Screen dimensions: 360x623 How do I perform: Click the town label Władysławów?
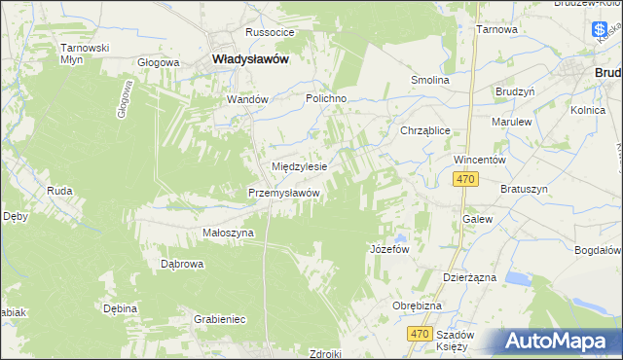click(x=250, y=58)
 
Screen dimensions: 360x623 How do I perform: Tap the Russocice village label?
click(x=270, y=32)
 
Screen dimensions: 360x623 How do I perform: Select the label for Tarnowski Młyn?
click(x=84, y=53)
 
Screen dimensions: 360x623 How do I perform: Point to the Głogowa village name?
click(x=159, y=62)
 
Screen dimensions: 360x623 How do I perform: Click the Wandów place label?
click(x=246, y=99)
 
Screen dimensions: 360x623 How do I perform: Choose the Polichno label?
click(x=326, y=99)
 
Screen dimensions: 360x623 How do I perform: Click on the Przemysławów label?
click(x=284, y=193)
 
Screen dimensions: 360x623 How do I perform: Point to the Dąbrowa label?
click(x=181, y=264)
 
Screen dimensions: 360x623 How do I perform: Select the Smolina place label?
click(x=430, y=80)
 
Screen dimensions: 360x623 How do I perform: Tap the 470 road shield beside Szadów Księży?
click(x=420, y=334)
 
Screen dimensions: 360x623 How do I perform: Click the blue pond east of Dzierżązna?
click(x=518, y=279)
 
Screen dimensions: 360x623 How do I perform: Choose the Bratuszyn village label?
click(x=525, y=188)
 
